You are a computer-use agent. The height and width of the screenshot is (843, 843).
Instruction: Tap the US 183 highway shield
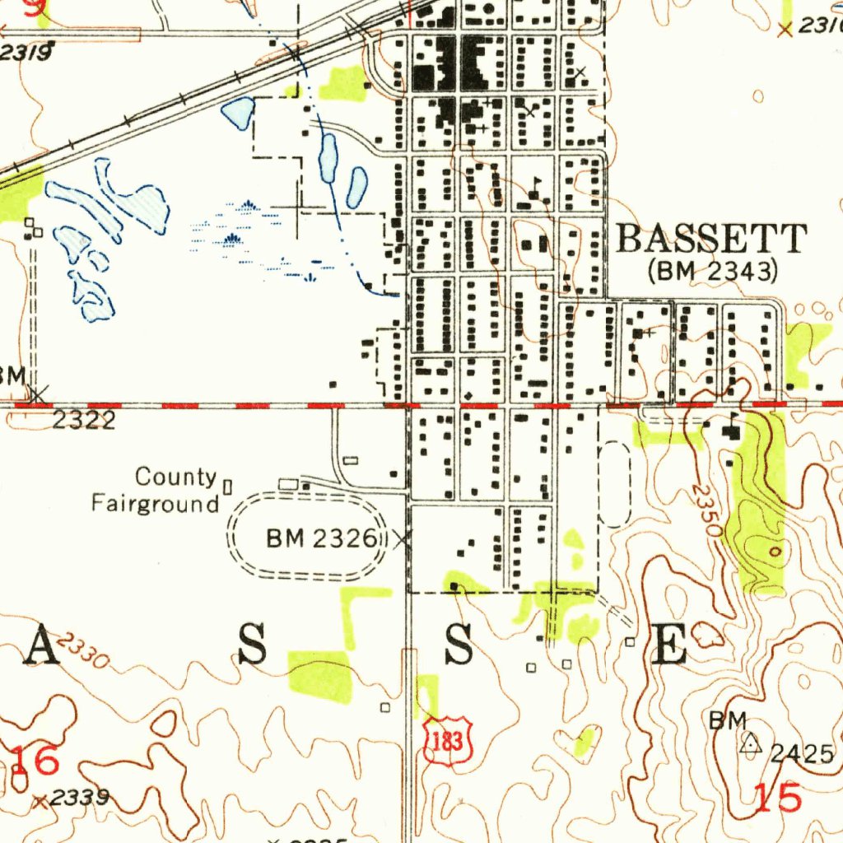pos(449,739)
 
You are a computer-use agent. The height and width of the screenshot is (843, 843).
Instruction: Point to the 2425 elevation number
pos(803,753)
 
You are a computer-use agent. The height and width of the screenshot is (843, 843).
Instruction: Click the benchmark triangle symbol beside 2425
pos(749,743)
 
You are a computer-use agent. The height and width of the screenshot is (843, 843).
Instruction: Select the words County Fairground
pos(156,490)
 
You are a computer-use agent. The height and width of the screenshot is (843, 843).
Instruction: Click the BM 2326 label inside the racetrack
pos(321,539)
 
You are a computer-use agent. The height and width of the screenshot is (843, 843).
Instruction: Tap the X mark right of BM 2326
pos(401,540)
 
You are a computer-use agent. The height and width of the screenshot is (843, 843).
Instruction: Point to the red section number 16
pos(35,761)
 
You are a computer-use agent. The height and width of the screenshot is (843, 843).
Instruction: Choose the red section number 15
pos(778,798)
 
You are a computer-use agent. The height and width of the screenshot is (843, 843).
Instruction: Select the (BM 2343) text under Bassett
pos(713,270)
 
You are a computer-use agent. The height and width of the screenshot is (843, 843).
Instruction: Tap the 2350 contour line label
pos(705,510)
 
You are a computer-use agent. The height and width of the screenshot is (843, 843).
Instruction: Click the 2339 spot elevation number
pos(79,798)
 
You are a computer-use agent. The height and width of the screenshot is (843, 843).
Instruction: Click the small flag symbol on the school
pos(538,180)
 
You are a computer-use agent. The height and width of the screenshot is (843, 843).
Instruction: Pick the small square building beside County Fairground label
pos(228,487)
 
